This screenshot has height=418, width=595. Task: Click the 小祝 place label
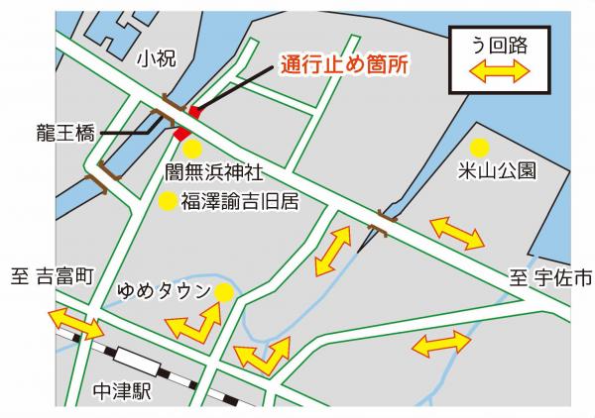[x=158, y=59]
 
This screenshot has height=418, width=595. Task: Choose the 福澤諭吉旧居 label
[x=239, y=202]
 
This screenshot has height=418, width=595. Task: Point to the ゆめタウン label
[x=164, y=291]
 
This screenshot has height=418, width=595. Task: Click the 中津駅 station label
[x=120, y=391]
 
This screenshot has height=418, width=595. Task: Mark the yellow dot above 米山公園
[x=480, y=147]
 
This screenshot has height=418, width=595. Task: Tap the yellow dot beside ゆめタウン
[x=225, y=292]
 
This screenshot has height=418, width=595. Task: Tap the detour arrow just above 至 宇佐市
[x=457, y=233]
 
